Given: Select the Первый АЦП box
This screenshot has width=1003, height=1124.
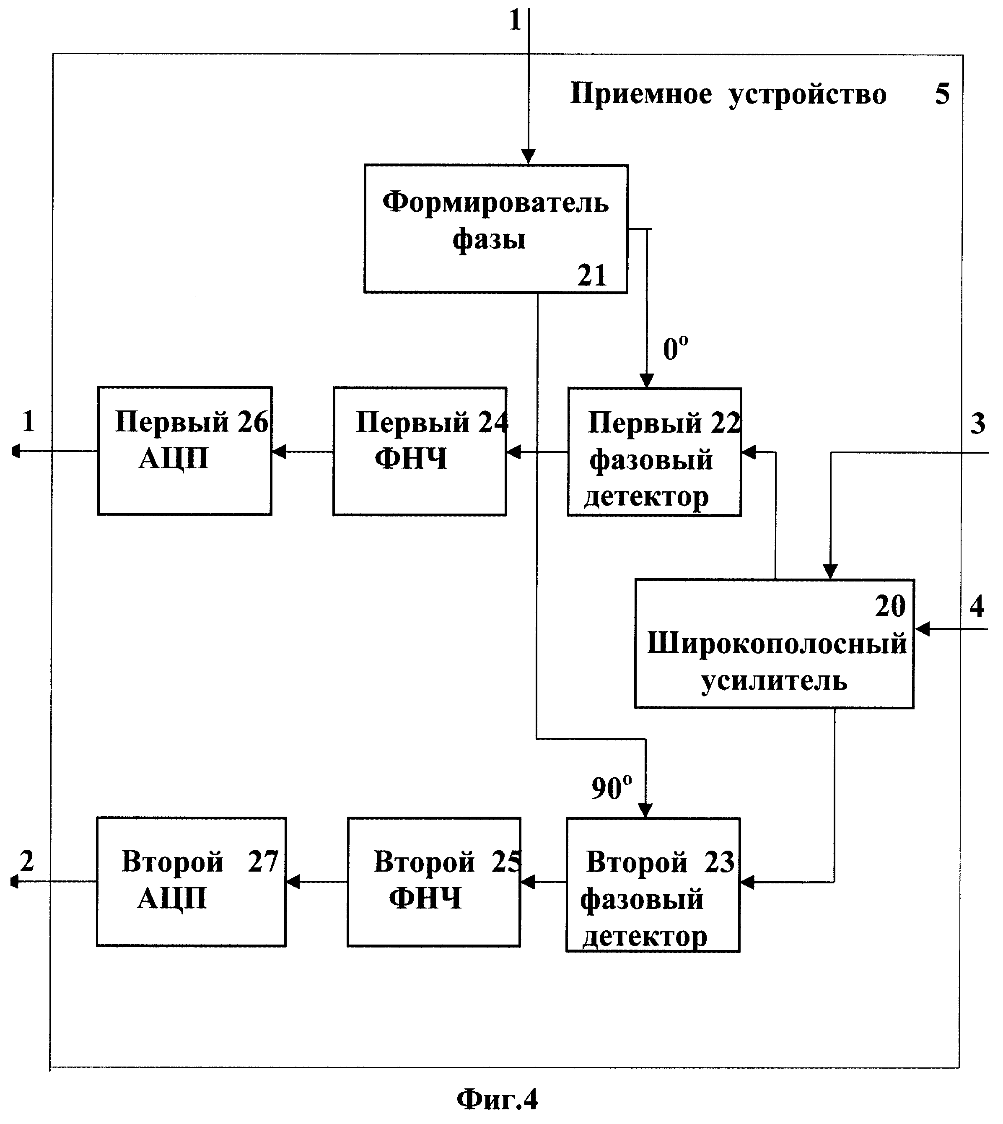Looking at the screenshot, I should (184, 451).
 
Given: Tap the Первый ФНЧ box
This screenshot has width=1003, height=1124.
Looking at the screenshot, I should (420, 451).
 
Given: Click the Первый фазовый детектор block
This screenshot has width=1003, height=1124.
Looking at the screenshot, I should (654, 452).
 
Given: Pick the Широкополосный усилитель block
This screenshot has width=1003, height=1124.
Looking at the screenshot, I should (774, 644).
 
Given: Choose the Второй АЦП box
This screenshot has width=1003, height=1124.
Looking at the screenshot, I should (191, 882).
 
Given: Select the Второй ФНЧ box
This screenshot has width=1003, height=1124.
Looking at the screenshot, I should (434, 882).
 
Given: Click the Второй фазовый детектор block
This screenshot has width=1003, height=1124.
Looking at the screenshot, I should (653, 885).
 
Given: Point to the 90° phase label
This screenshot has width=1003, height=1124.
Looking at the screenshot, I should (611, 788).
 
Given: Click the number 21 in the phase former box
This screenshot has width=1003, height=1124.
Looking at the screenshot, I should (592, 275).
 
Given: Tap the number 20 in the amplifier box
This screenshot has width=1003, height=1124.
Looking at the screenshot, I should (890, 606).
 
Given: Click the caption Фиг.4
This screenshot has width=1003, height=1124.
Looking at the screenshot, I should (497, 1099).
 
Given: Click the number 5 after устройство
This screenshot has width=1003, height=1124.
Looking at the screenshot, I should (942, 94).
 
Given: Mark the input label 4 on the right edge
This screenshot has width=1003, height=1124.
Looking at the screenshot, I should (977, 606).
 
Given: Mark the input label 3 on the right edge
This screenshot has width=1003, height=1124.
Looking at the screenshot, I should (978, 423).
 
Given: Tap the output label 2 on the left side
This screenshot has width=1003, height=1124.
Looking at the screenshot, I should (26, 861).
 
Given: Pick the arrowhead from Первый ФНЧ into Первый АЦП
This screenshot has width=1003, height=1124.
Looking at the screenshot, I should (279, 452).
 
